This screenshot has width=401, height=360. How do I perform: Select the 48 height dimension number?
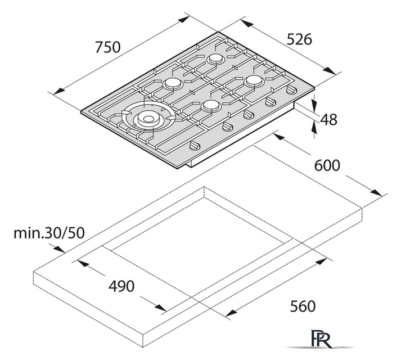328,119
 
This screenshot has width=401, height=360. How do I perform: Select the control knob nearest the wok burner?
193,146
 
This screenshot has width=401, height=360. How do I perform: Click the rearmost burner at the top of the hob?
216,59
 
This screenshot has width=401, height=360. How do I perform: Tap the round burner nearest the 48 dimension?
254,81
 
